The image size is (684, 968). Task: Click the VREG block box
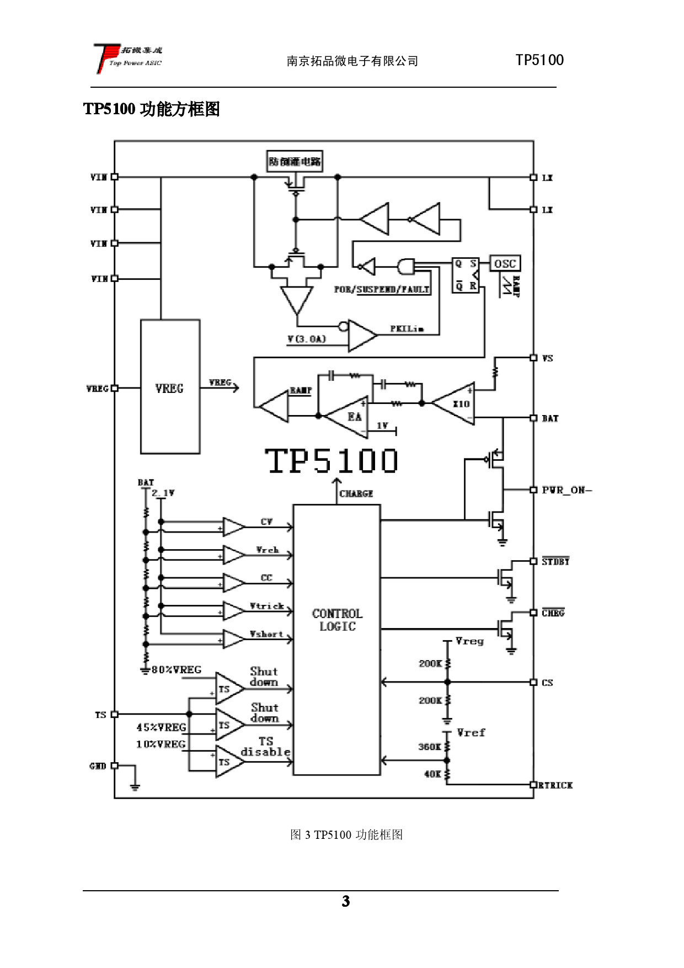[170, 387]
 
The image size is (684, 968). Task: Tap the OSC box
[505, 264]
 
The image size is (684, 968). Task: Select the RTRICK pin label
[555, 785]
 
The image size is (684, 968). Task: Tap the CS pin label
[547, 683]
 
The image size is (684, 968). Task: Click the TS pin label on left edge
[100, 715]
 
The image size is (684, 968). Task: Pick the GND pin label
[98, 766]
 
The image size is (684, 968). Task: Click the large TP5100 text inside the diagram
[331, 461]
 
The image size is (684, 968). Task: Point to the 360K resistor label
[429, 747]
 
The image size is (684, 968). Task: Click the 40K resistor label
[432, 774]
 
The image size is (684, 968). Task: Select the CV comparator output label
[266, 522]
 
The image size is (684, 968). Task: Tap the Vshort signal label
[266, 634]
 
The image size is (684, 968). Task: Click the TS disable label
[265, 746]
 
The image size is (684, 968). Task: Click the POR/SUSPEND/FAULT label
[382, 289]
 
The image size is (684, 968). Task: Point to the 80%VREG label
[177, 669]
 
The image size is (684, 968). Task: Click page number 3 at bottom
[345, 901]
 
